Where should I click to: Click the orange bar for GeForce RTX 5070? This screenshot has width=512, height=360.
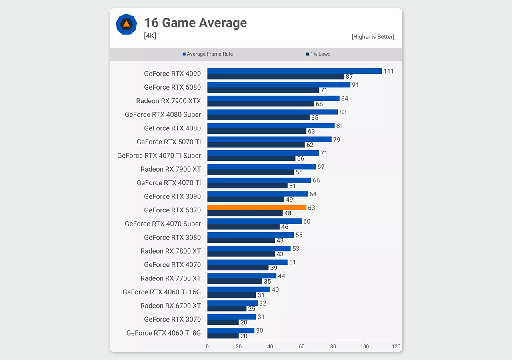(257, 208)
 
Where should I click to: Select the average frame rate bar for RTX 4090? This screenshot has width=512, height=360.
(294, 71)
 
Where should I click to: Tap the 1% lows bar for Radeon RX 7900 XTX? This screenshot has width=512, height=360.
(261, 104)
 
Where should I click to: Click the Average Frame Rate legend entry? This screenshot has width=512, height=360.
(208, 54)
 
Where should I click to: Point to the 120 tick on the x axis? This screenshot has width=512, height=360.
(396, 346)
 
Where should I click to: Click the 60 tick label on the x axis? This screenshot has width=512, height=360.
(302, 346)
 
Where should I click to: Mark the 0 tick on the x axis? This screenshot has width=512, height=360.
(207, 346)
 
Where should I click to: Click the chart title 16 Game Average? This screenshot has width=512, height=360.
(195, 23)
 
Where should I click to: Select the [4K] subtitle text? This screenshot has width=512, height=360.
(150, 36)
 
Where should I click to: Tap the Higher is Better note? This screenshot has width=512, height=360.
(373, 37)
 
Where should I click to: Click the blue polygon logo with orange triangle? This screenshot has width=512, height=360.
(126, 24)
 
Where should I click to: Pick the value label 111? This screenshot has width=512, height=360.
(389, 71)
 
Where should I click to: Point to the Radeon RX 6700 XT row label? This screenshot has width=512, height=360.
(170, 306)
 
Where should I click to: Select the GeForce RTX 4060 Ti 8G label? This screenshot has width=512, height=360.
(164, 333)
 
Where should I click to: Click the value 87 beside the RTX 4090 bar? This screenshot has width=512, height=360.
(349, 77)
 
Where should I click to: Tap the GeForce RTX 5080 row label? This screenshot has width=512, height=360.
(172, 87)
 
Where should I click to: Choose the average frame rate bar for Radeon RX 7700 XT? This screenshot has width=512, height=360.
(242, 276)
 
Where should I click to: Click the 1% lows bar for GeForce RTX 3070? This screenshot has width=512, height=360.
(223, 322)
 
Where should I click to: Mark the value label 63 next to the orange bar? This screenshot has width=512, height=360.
(312, 208)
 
